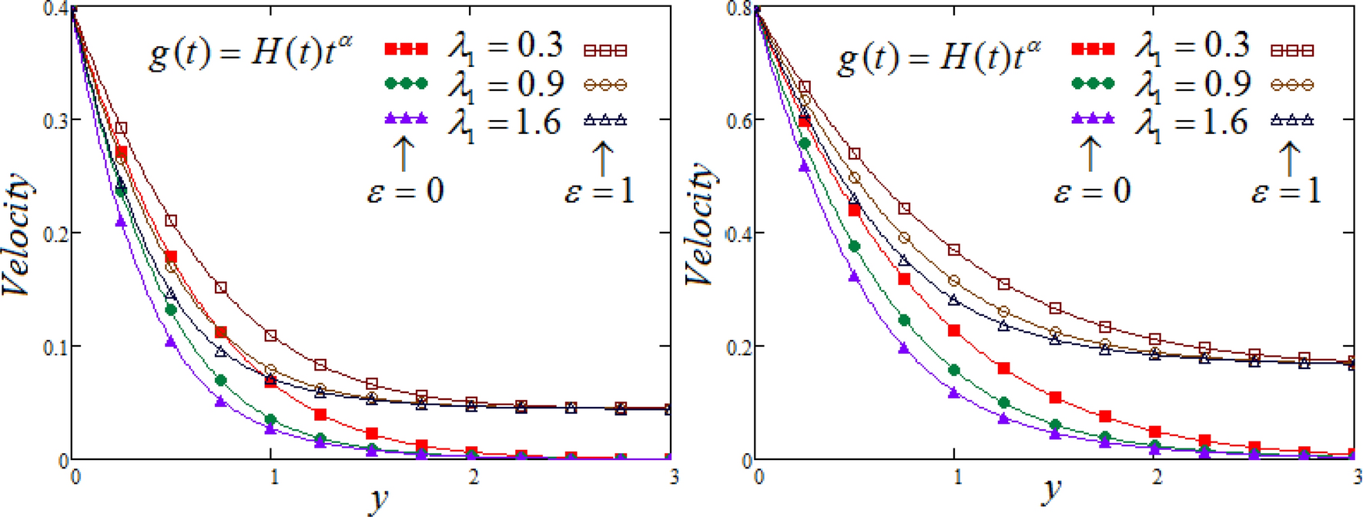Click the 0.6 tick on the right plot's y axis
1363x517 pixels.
click(740, 121)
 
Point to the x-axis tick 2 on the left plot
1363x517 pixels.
click(473, 478)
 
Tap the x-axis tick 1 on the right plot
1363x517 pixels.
click(956, 478)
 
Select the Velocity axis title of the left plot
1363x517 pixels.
click(18, 235)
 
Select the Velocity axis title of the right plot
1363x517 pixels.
click(701, 225)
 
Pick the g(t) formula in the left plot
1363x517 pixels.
click(251, 55)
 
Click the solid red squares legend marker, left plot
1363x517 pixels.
click(406, 49)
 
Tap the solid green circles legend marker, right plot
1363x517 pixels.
click(1093, 83)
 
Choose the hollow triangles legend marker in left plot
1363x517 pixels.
click(605, 119)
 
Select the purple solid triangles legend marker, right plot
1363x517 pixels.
click(1093, 119)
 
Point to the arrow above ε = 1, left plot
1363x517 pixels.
click(602, 158)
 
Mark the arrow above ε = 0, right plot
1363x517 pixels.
click(1090, 154)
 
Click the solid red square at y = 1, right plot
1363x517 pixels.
click(955, 330)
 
